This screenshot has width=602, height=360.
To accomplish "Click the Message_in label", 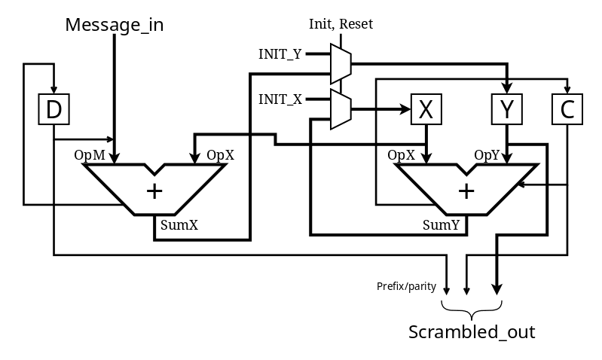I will [x=115, y=25].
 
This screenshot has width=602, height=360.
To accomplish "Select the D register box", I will [x=53, y=110].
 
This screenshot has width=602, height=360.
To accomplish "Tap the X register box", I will [x=426, y=110].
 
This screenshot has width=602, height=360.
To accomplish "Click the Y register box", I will [x=507, y=110].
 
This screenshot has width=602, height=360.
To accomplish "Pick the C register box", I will [x=567, y=110].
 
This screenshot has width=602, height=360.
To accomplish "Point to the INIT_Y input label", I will [x=281, y=54].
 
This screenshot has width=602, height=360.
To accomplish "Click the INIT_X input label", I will [x=281, y=99].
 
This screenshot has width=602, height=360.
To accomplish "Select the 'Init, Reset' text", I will [x=341, y=24].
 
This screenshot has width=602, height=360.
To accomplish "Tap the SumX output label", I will [x=179, y=224].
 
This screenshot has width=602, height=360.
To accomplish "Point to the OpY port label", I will [x=487, y=155].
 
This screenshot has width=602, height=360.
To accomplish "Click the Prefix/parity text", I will [x=406, y=286].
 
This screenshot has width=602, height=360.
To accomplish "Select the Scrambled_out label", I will [x=472, y=332].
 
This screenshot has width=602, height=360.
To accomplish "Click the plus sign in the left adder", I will [x=154, y=191].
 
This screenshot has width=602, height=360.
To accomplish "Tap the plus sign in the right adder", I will [x=467, y=191].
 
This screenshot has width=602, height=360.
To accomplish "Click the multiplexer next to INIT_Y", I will [x=341, y=63].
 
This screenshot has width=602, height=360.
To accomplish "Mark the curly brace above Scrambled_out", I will [x=472, y=310].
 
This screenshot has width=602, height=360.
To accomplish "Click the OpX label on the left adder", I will [x=220, y=155].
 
